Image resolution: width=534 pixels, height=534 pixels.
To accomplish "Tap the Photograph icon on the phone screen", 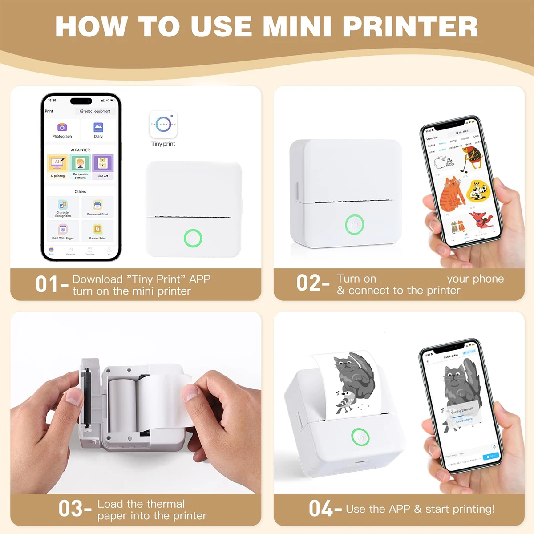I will tap(62, 128).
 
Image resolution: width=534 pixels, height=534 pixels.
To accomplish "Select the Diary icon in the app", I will tap(98, 128).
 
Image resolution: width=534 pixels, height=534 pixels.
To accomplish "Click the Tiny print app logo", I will tap(163, 125).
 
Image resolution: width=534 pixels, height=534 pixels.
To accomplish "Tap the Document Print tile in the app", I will tap(97, 207).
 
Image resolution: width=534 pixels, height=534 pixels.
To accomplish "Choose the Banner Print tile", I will tap(97, 231).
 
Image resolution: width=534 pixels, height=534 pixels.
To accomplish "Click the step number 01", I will tap(47, 284).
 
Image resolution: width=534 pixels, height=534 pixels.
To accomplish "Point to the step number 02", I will tap(308, 283).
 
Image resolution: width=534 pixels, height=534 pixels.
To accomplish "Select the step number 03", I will tap(70, 509).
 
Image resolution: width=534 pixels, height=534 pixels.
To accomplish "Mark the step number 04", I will tap(320, 509).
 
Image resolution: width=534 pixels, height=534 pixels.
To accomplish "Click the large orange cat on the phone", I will tap(451, 194).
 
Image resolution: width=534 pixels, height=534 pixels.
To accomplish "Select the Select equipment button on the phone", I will tap(95, 111).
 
